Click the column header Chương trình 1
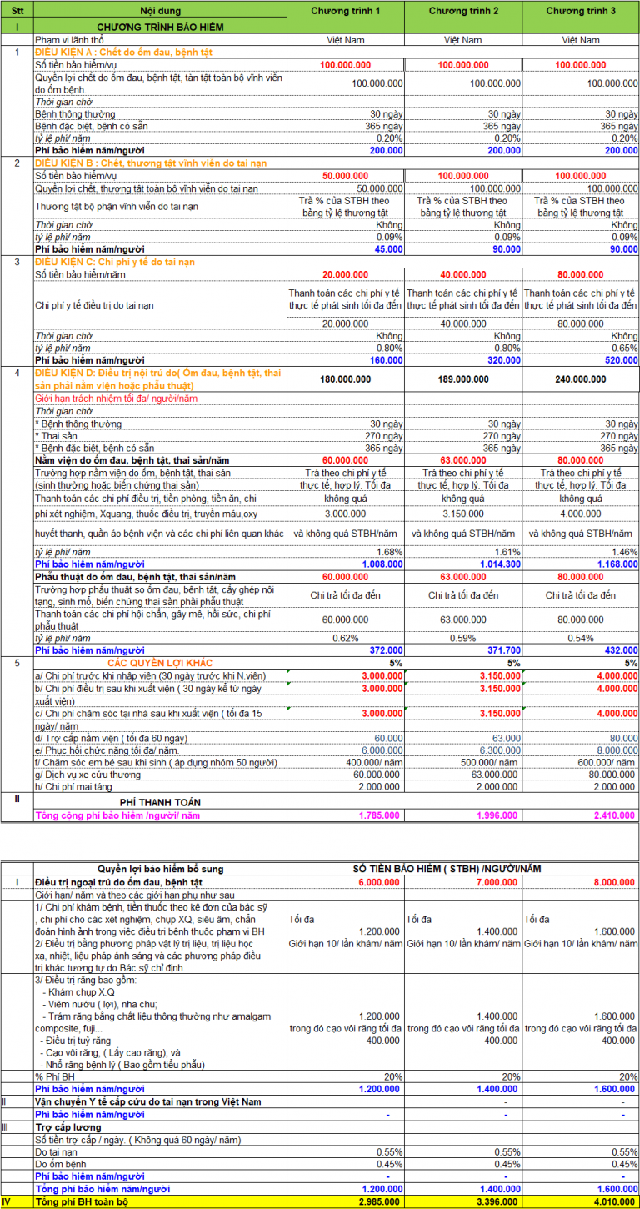(346, 11)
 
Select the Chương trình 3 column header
(580, 11)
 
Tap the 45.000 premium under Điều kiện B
(388, 248)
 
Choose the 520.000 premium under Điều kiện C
(622, 360)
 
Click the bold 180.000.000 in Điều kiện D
(346, 379)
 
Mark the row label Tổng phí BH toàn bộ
(82, 1201)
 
